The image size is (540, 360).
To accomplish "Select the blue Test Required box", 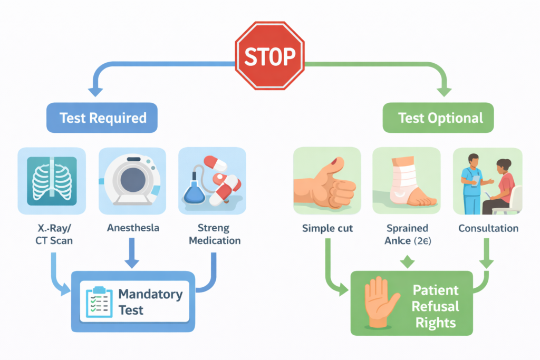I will coord(103,117).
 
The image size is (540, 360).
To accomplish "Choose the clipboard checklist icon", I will coord(99,302).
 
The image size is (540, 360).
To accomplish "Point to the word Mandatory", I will coord(150,294).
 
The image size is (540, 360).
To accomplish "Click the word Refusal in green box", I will coord(436,306).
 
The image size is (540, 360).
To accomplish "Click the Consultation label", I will coord(488,229).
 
